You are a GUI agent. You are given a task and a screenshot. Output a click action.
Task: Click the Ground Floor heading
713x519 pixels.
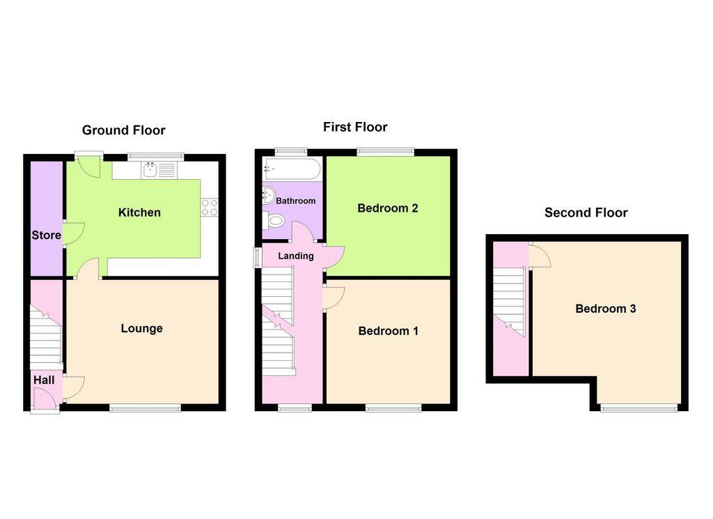(x=124, y=130)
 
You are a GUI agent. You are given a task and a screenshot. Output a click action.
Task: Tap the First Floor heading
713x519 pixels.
(x=355, y=127)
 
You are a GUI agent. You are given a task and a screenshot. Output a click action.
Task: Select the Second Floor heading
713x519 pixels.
(x=586, y=212)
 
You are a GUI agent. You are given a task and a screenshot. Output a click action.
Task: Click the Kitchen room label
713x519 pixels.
(x=139, y=212)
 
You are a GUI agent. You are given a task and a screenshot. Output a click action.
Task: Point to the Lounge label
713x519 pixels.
(x=142, y=328)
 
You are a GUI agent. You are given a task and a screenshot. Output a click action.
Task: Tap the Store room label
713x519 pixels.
(x=47, y=235)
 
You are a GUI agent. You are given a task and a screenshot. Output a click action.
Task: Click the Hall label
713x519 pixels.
(x=44, y=380)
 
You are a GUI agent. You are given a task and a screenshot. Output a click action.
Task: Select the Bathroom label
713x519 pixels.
(x=295, y=201)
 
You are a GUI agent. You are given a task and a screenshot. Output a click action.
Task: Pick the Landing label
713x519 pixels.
(x=296, y=256)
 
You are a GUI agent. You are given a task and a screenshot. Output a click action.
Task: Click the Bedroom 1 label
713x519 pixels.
(x=389, y=331)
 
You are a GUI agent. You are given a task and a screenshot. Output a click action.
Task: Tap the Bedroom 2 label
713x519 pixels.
(x=388, y=208)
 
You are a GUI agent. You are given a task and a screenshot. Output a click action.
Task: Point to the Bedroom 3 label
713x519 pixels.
(x=606, y=309)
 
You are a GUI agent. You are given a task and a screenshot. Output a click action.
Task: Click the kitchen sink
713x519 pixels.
(x=150, y=170)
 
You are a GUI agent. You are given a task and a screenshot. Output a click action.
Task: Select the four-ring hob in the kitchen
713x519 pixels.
(x=210, y=208)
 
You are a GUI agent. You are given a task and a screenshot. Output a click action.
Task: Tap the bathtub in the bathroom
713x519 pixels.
(x=292, y=169)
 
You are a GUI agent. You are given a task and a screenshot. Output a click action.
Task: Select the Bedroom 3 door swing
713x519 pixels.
(x=540, y=255)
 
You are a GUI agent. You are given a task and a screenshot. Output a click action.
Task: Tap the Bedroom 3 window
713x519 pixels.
(x=639, y=408)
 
